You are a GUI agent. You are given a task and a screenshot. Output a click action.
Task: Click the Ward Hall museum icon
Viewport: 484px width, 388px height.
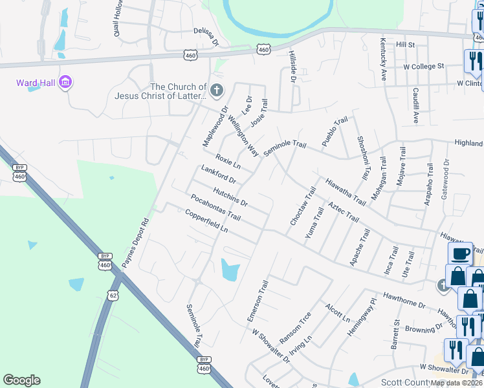coord(65,83)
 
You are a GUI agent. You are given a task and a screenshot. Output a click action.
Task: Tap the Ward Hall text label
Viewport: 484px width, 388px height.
coord(36,83)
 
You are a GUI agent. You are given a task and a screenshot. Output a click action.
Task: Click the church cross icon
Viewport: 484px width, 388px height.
coord(217,89)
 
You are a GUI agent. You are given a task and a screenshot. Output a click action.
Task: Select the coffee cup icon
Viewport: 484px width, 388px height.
coord(460,253)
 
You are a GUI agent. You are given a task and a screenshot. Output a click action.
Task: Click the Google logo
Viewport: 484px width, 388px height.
coord(21,380)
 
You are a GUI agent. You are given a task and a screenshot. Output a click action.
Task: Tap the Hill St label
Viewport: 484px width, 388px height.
coord(405,45)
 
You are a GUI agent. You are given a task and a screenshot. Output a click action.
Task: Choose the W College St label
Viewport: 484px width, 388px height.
coord(424,66)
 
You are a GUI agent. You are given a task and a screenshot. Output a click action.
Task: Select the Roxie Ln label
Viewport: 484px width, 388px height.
coord(228,162)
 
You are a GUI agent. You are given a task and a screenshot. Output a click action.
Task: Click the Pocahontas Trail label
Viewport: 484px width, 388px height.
coord(215,207)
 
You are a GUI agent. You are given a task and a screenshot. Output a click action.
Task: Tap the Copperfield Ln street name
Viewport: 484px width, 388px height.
coord(206,220)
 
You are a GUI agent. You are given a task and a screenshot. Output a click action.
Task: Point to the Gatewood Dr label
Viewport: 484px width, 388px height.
coord(445,175)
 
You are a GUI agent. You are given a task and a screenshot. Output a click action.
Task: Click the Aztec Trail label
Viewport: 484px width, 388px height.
coord(343,212)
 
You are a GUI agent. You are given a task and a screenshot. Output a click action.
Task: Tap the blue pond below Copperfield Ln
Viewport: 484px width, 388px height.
coord(229,269)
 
